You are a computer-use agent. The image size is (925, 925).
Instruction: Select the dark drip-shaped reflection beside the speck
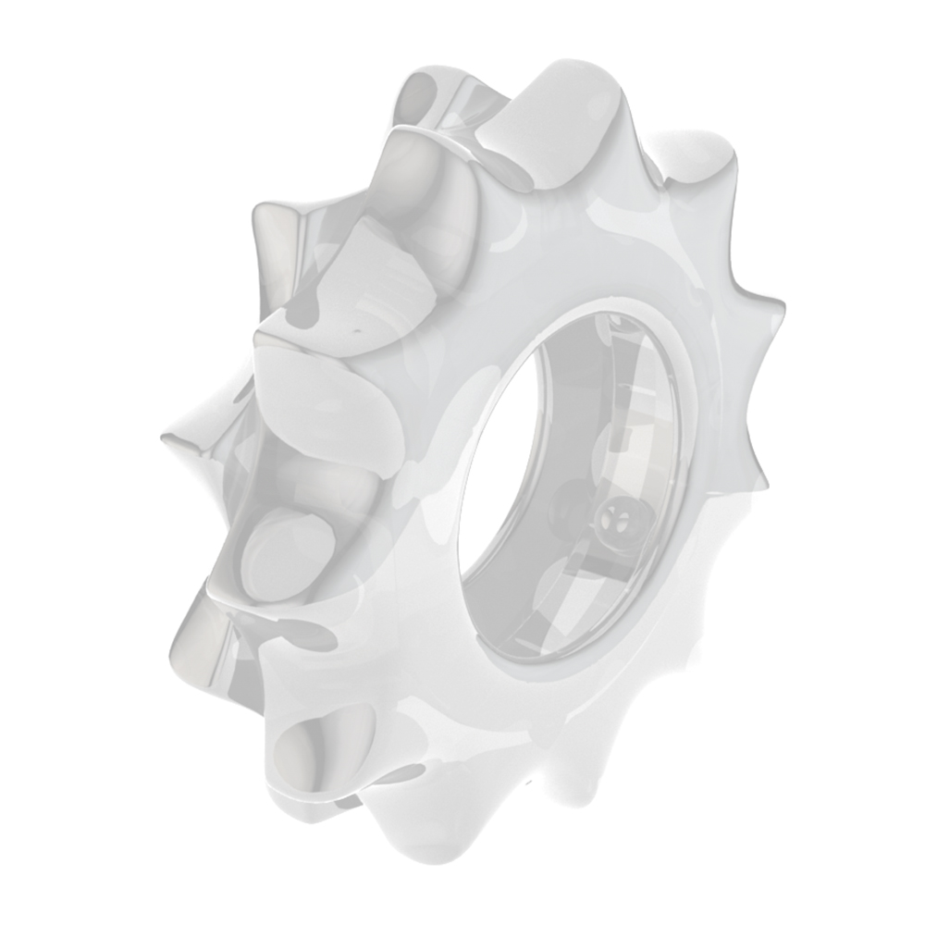(x=305, y=314)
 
